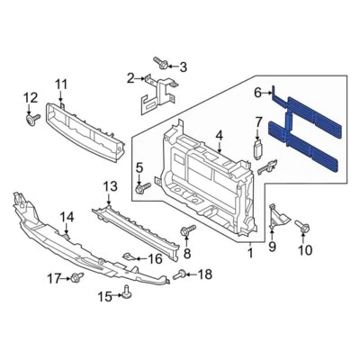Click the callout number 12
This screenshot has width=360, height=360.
(x=30, y=97)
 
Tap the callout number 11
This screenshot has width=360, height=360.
(x=61, y=85)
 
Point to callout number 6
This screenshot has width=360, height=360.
(x=257, y=92)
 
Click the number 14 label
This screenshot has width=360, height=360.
(x=67, y=217)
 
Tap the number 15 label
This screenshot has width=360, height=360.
(x=103, y=296)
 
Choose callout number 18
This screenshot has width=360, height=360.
(x=205, y=274)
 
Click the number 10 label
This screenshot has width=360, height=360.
(x=304, y=250)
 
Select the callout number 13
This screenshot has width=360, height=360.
(x=109, y=186)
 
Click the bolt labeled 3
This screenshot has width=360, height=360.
(x=160, y=62)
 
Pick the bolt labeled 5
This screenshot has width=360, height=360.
(x=142, y=187)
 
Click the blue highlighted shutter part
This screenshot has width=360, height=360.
(x=310, y=135)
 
